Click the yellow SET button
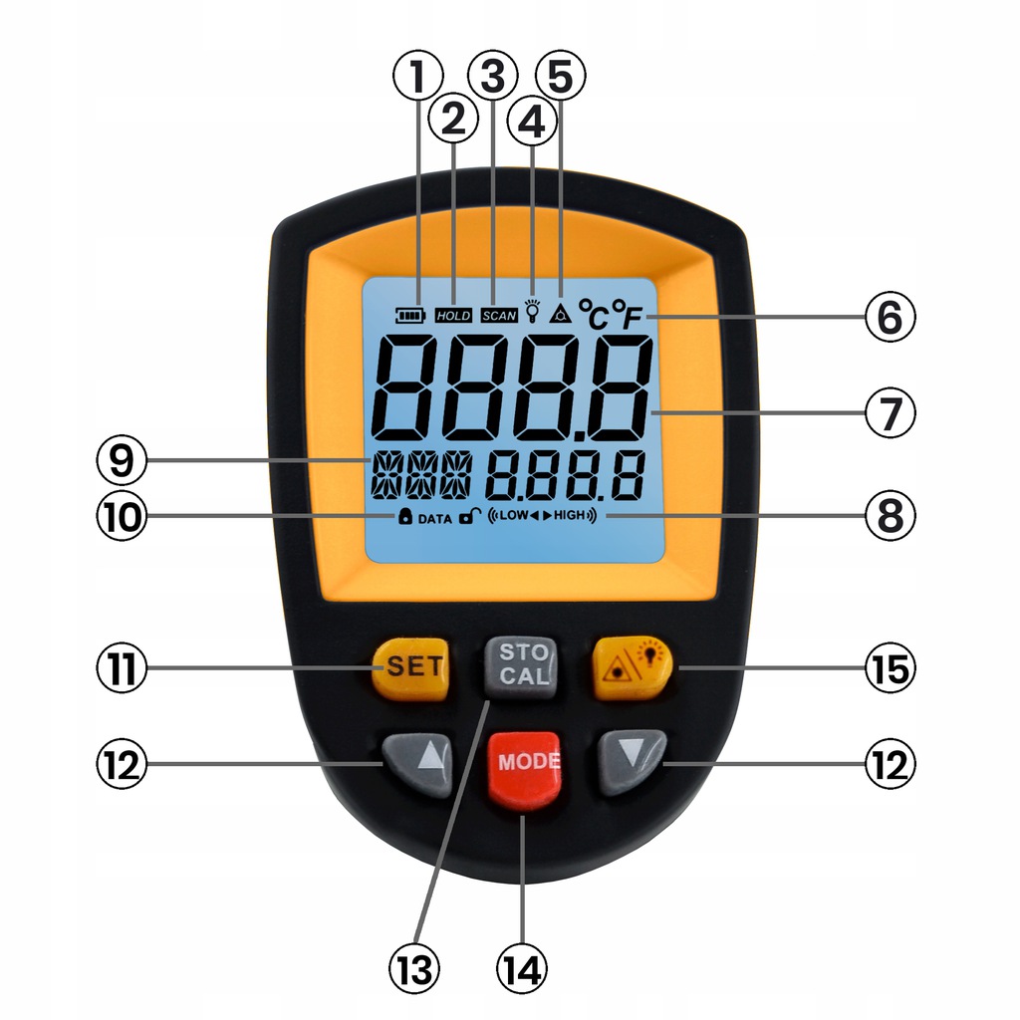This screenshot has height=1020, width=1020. coord(410,667)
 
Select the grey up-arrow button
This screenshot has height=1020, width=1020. coord(418,764)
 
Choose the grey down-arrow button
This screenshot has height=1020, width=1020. coord(632,761)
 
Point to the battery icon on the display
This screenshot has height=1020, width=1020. coord(409,316)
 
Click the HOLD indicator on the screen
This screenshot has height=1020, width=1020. coord(453,316)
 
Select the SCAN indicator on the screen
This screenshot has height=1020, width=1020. coord(499,316)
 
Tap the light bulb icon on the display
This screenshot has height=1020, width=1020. coord(533,311)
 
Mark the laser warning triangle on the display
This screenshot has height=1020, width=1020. coord(560,314)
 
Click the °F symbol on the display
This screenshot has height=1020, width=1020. coord(628,315)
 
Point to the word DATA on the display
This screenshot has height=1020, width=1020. coord(434,518)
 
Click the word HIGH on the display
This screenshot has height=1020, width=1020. coord(569,515)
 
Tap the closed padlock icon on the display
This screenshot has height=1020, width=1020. coord(405,517)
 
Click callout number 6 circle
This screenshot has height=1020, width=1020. coord(891,317)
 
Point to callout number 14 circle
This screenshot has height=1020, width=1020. coord(521,969)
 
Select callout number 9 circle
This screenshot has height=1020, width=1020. coord(122,460)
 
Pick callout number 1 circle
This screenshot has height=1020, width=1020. coord(418,76)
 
